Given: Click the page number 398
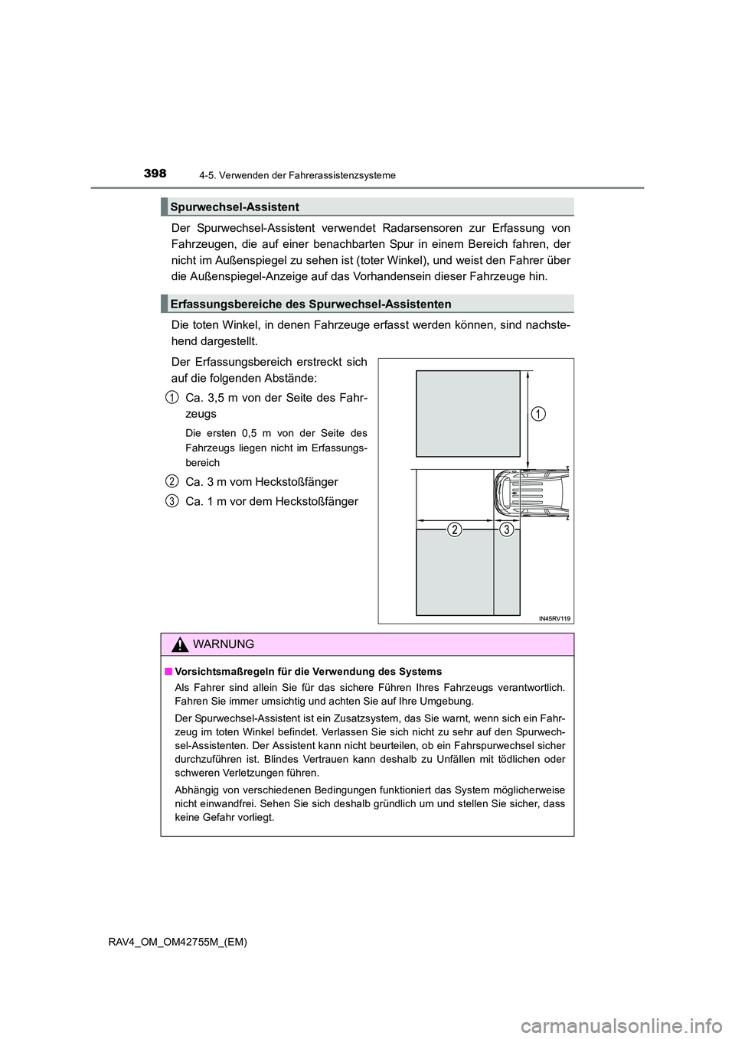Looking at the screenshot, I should point(155,174).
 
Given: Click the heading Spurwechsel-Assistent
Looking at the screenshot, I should point(234,207).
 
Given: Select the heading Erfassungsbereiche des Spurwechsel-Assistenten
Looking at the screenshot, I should point(311,304).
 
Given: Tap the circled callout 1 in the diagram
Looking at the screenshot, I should point(538,414).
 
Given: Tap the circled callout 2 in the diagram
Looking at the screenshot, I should point(455,529).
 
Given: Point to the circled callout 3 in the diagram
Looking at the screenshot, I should point(506,529).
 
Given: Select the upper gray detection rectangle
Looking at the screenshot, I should point(468,413).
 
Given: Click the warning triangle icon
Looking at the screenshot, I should point(180,645).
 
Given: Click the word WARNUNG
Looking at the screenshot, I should point(224,644).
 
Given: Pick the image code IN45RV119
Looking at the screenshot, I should point(554,618).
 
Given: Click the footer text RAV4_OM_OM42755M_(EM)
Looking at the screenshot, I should point(178,942).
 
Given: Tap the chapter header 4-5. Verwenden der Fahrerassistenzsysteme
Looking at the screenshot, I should point(297,175).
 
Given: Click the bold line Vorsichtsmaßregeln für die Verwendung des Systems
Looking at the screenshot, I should point(308,672).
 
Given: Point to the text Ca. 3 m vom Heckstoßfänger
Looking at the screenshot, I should point(262,481).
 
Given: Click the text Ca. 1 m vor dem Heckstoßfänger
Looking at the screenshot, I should point(272,501).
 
